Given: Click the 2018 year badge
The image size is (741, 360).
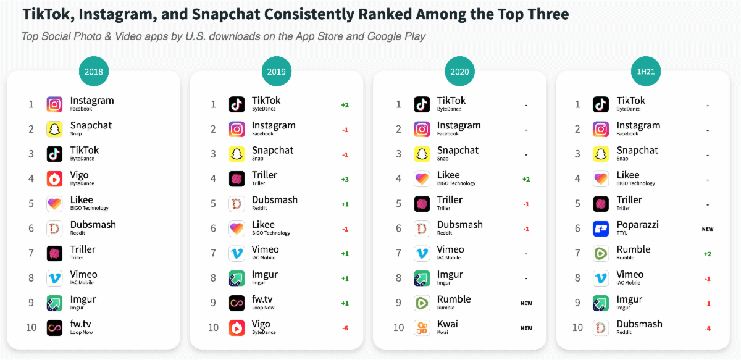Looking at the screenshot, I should (93, 72).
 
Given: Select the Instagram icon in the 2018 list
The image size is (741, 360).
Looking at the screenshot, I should (54, 104).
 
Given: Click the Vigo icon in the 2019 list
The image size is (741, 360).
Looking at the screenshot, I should (237, 327).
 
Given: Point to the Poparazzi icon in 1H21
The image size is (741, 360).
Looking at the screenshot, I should (601, 228).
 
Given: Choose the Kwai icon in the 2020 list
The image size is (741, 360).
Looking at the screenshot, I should (422, 327).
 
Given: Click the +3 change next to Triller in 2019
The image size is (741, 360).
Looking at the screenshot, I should (345, 179).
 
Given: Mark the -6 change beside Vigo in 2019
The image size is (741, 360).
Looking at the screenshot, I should (345, 328).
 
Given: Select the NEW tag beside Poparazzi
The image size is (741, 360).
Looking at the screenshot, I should (707, 229).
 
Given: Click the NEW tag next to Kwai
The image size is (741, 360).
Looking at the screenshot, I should (525, 328).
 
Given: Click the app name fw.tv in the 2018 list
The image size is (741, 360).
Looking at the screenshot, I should (81, 324).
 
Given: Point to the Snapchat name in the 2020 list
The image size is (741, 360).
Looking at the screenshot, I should (458, 150).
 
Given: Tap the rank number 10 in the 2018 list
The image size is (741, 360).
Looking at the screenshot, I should (31, 327).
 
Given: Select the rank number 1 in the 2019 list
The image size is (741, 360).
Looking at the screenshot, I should (213, 104).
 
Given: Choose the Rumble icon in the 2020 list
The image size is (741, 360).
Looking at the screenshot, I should (422, 303).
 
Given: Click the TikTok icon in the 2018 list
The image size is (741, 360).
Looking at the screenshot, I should (54, 154).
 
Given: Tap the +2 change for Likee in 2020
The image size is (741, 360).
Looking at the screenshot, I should (525, 179).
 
